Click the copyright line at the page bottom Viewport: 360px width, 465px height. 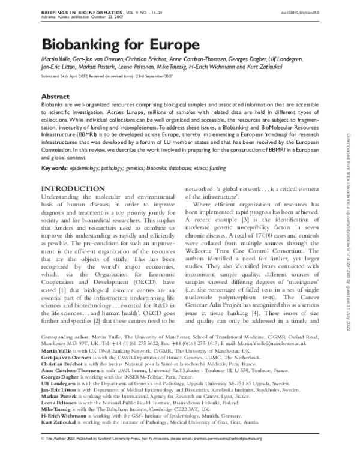pos(150,455)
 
